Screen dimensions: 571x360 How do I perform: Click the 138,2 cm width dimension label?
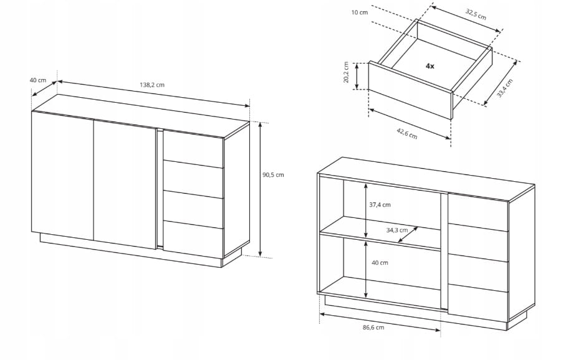152,85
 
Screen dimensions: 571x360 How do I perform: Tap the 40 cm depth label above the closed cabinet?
38,80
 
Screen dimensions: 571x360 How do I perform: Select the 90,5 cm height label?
273,175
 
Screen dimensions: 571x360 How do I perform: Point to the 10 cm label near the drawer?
360,12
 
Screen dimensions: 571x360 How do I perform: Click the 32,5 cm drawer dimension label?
476,14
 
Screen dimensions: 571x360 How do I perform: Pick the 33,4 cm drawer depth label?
505,88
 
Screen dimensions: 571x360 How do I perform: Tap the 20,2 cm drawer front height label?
346,72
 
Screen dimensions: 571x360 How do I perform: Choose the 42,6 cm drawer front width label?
407,133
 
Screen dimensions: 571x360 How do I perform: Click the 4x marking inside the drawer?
429,66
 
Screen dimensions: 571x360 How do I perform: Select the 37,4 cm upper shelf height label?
380,205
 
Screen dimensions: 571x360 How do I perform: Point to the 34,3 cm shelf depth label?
397,230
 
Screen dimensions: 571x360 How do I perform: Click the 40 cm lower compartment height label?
380,263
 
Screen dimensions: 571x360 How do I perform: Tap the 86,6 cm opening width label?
373,327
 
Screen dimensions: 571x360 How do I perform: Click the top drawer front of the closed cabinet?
193,148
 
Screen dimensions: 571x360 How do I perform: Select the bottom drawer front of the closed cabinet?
193,239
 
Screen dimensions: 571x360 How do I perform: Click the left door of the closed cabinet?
62,176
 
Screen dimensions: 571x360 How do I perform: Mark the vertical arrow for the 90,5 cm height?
260,189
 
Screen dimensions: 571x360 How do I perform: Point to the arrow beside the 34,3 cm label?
408,235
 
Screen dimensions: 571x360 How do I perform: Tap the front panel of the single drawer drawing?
410,90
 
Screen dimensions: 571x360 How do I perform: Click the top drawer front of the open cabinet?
477,212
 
